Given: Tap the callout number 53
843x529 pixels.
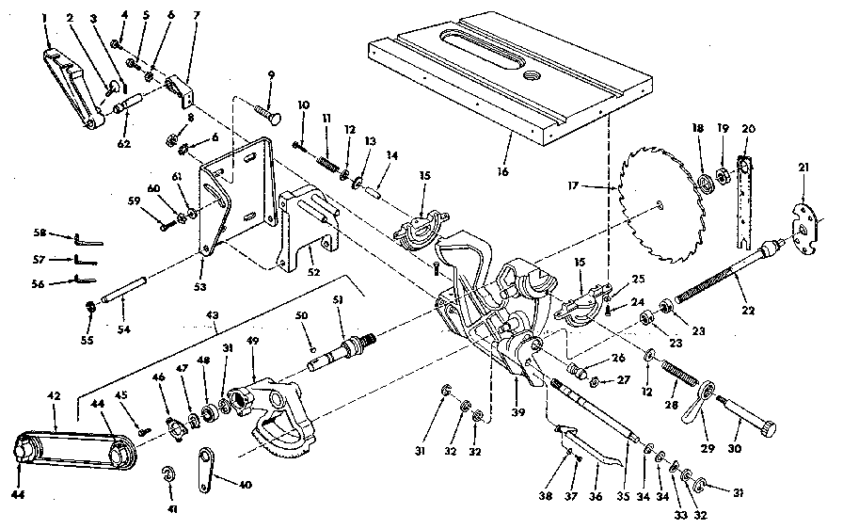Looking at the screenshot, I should click(x=199, y=284).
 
